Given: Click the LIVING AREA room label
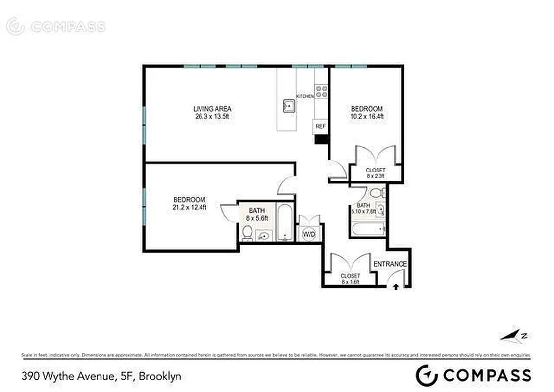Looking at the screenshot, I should pos(212,109).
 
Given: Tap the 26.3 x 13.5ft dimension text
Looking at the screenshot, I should pos(212,117).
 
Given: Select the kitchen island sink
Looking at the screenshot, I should pos(288,105).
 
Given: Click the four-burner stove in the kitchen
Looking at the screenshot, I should pos(321,91).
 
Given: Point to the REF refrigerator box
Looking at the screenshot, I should pos(320,126).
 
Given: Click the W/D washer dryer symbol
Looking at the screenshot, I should pos(309,234).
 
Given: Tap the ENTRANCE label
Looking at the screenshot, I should pos(390,264).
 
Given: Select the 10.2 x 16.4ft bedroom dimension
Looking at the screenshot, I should pos(366,117).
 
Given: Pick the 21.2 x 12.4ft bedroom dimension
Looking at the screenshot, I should pos(189,207).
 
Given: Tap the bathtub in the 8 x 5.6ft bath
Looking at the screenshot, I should pos(284,223).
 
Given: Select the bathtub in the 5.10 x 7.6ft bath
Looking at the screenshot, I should pos(368,229).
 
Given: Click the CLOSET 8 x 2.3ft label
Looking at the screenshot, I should pos(376,173).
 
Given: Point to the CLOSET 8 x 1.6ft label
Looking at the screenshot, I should pos(350,279).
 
